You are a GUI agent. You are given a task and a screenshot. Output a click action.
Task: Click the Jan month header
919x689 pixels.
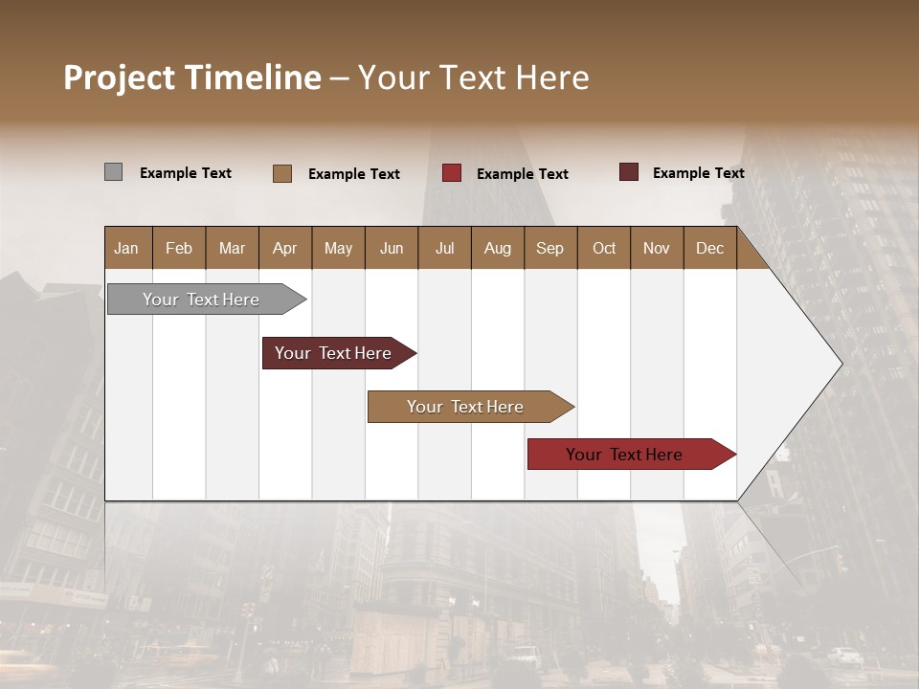coord(126,248)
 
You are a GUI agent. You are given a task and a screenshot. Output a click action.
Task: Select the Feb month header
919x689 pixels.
coord(179,248)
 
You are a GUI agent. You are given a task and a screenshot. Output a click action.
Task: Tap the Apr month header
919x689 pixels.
coord(284,248)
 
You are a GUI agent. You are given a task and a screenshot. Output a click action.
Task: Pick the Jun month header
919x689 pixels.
coord(392,248)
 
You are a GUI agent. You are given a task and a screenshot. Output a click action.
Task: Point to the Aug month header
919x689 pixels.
coord(497,248)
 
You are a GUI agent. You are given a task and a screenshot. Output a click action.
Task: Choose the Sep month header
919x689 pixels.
coord(549,248)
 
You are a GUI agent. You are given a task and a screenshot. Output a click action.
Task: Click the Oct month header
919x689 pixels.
coord(604,248)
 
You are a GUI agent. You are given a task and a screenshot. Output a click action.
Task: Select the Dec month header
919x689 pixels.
coord(709,248)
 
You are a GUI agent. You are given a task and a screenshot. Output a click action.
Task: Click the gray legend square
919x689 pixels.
coord(113,172)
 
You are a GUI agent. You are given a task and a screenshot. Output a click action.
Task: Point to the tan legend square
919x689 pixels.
coord(282,173)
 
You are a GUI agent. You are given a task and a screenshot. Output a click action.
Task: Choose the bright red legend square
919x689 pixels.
coord(452,173)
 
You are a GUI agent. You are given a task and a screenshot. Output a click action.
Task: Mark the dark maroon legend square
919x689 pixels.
coord(629,172)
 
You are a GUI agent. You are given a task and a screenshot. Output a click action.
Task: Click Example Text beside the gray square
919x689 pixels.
coord(186,173)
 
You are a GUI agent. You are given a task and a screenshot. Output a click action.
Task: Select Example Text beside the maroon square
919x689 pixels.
coord(699,173)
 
